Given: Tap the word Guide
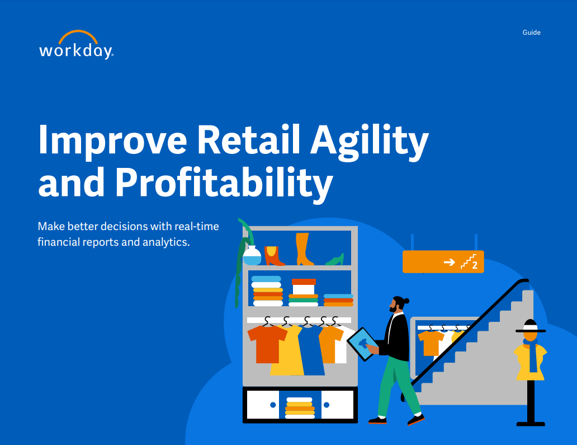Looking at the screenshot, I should coord(531,32).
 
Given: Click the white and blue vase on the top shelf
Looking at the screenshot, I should coord(252,256).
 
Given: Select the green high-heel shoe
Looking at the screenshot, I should coord(335,259).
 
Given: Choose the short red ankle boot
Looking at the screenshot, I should coord(274,256).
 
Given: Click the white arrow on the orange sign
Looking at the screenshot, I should coord(448,261).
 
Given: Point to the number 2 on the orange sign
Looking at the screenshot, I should coord(475,265).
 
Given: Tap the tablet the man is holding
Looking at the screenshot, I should coord(363,343).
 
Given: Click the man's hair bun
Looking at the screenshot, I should coord(406,301).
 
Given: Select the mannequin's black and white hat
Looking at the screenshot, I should coord(530,327).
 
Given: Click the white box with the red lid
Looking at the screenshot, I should coord(304,287).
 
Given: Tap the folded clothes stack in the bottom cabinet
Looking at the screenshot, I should coord(300,408).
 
